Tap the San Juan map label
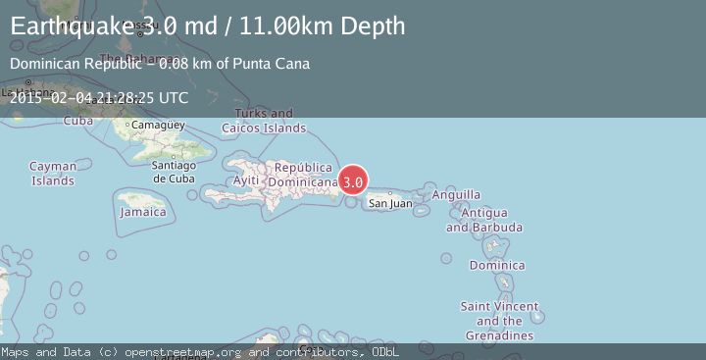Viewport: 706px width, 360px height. tap(389, 204)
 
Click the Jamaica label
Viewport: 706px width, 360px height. tap(143, 212)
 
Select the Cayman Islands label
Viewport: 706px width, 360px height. tap(53, 174)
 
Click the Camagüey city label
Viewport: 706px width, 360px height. tap(158, 126)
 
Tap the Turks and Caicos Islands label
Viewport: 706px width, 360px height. tap(264, 121)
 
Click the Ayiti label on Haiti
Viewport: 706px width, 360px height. tap(246, 181)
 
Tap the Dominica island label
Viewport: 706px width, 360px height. tap(497, 265)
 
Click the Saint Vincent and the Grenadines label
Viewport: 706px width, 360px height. tap(499, 321)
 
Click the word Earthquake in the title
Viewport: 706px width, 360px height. tap(69, 26)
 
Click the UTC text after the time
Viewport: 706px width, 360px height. tap(173, 97)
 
